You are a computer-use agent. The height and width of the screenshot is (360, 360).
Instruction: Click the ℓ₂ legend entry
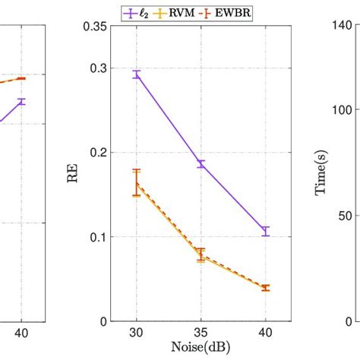pos(140,12)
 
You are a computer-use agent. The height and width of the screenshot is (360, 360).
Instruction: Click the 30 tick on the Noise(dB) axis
pos(137,333)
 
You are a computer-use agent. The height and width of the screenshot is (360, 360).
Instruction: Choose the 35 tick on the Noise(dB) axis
pos(201,333)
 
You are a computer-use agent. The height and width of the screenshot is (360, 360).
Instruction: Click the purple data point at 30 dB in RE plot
pos(137,74)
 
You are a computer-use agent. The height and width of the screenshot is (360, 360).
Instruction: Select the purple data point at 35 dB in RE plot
pos(201,164)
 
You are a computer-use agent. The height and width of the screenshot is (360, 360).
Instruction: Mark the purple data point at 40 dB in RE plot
pos(266,231)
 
